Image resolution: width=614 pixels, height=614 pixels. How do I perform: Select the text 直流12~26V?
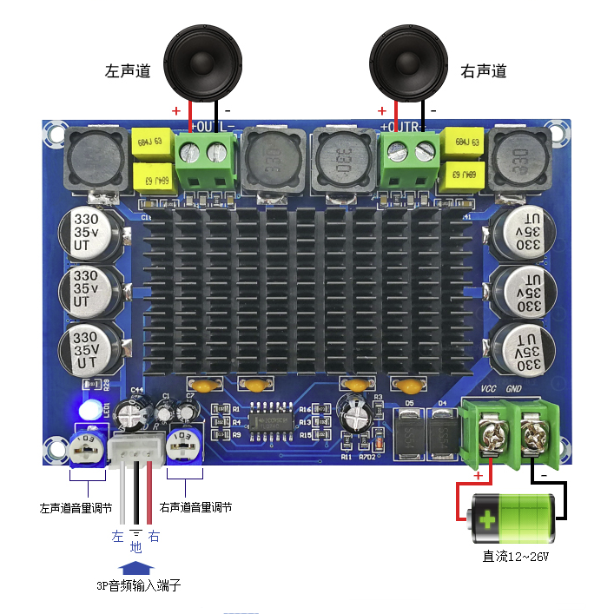pyautogui.click(x=516, y=557)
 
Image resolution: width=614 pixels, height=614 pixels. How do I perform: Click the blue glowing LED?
pyautogui.click(x=88, y=411)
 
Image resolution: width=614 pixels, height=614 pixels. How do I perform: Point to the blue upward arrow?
pyautogui.click(x=136, y=567)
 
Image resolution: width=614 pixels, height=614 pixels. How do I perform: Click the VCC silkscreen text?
pyautogui.click(x=488, y=390)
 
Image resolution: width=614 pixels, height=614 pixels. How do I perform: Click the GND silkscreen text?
pyautogui.click(x=514, y=390)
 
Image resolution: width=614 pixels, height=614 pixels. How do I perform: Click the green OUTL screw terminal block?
pyautogui.click(x=207, y=161)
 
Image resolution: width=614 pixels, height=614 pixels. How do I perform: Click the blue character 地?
pyautogui.click(x=135, y=548)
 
